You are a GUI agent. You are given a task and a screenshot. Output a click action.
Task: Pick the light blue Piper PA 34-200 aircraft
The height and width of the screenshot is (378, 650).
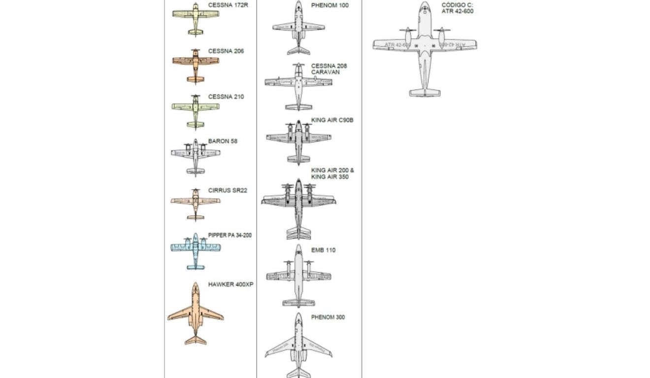(195, 249)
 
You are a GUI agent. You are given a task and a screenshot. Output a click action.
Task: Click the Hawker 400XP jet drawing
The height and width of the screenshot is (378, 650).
(195, 315)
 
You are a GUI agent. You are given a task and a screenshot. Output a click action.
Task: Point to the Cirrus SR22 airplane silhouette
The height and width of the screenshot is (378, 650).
(195, 202)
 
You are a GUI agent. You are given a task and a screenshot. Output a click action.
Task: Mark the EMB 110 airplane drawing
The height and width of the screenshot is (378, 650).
(298, 276)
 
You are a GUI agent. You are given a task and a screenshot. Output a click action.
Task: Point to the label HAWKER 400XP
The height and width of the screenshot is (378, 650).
(230, 284)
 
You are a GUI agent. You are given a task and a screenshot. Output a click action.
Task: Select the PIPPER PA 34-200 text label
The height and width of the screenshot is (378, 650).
(229, 235)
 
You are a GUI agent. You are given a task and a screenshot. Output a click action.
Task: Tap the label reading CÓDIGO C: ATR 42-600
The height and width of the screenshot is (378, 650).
(457, 8)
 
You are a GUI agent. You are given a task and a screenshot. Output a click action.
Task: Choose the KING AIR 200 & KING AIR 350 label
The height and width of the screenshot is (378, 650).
(332, 174)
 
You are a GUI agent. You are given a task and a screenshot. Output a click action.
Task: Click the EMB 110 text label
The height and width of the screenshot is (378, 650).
(323, 250)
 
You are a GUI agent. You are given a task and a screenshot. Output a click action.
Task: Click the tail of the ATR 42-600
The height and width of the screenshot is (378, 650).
(424, 92)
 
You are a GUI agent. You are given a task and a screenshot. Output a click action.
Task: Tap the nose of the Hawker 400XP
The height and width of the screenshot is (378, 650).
(195, 285)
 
